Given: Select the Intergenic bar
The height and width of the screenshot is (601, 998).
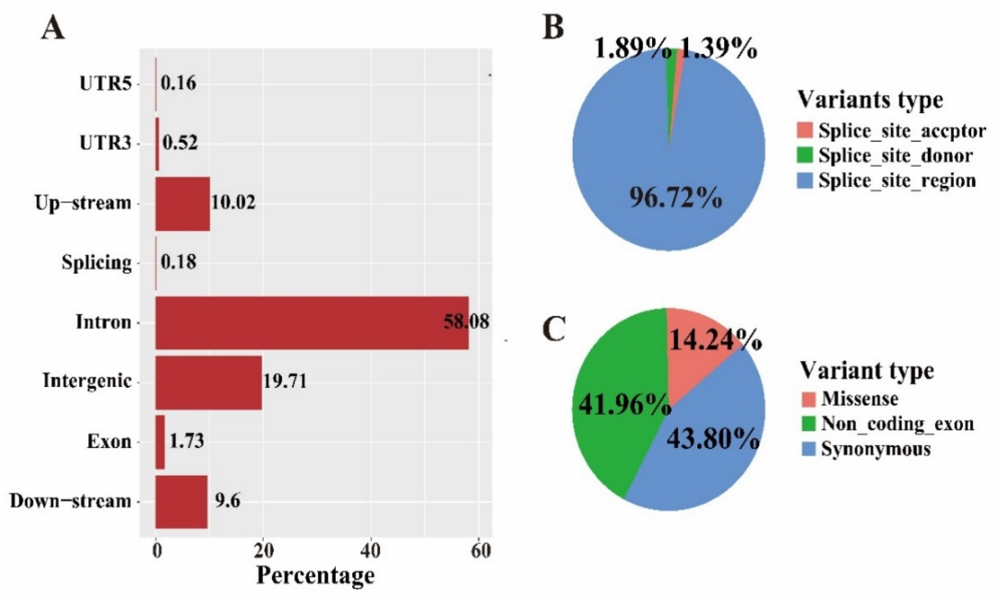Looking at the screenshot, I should pos(209,383).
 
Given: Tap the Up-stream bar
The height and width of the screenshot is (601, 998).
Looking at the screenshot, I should pos(183,203).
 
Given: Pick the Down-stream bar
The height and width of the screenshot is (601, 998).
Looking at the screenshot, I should pos(181,502).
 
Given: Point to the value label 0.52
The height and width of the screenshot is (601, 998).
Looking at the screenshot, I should pos(180,143).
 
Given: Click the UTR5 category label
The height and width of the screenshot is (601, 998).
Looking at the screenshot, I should pos(106,84).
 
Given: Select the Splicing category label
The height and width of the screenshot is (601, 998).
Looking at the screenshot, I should pos(97,263).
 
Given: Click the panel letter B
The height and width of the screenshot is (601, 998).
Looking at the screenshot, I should pos(553,28).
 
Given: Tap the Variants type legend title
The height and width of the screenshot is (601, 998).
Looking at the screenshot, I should pos(870,99).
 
